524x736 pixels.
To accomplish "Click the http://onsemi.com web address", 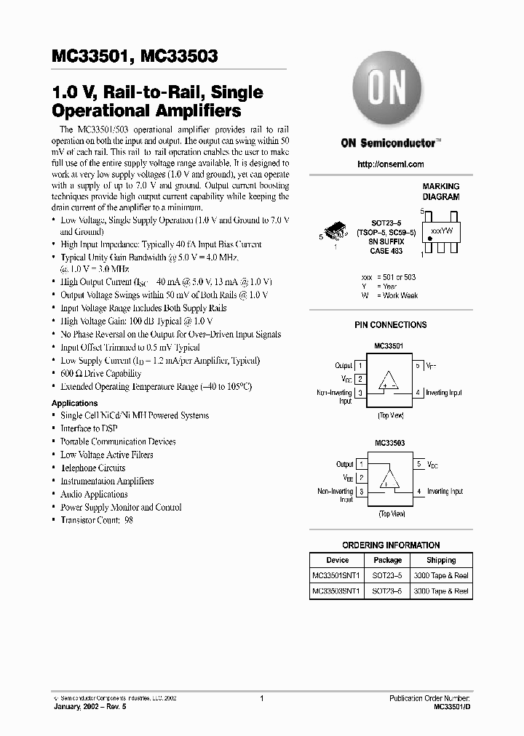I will coord(391,164).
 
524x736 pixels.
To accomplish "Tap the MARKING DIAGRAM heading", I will coord(441,192).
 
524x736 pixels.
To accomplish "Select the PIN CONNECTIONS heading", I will coord(391,325).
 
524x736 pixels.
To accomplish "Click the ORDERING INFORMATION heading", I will coord(391,545).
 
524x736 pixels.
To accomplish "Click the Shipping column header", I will coord(441,560).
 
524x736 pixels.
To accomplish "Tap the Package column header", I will coord(388,560).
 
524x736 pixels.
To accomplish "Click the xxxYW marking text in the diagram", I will coord(441,230).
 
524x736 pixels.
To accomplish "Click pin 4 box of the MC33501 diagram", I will coord(418,393).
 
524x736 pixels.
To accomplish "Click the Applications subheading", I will coord(74,403).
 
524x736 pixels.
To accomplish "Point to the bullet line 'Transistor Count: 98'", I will coord(96,520).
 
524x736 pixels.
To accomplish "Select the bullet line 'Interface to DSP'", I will coord(89,428).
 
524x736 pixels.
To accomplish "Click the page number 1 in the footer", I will coord(261,698).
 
